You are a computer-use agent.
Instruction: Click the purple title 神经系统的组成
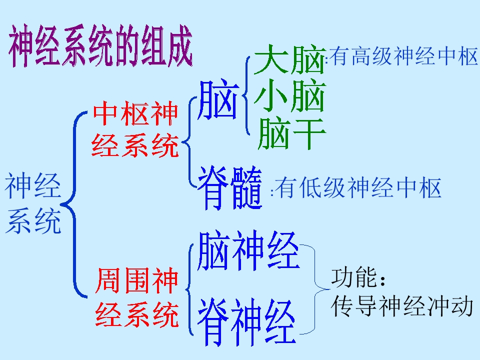(100, 46)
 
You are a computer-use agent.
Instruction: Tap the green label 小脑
(289, 95)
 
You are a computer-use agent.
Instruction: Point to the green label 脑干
(291, 133)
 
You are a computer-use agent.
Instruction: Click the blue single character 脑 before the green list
(218, 99)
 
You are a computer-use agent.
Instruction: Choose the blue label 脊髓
(230, 187)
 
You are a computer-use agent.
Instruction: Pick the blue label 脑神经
(248, 251)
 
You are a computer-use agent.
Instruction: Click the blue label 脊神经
(246, 321)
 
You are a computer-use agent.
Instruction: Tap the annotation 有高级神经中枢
(403, 56)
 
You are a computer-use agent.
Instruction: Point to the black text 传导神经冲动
(401, 305)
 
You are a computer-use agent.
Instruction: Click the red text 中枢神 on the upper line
(135, 113)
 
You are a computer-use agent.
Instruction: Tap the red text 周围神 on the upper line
(136, 280)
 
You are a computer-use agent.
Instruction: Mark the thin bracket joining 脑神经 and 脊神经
(314, 289)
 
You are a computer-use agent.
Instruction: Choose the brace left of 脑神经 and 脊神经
(190, 289)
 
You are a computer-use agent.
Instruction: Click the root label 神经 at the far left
(33, 185)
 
